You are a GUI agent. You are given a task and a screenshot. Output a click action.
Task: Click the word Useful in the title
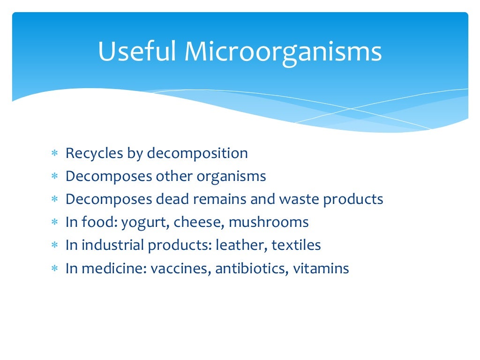(137, 52)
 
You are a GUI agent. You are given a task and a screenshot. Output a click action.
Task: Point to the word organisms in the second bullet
(231, 177)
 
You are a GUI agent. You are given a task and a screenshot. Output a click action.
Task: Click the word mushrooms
(269, 222)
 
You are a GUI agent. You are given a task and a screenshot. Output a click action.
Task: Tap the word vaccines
(180, 269)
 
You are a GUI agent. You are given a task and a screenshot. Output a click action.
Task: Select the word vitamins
(321, 269)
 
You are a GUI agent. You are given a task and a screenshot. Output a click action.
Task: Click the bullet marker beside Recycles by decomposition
(54, 154)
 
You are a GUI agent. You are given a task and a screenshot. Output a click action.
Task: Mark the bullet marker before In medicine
(54, 269)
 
